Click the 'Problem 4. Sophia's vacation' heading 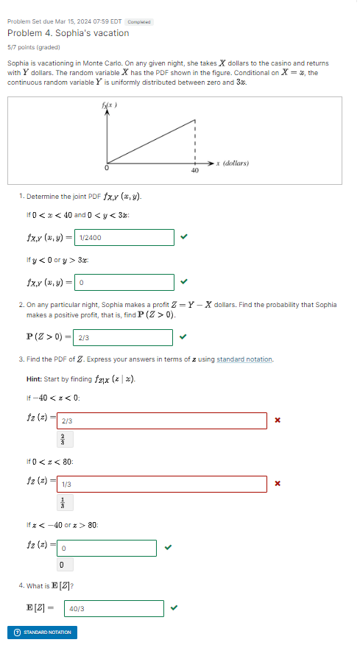tap(68, 33)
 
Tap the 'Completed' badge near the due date tap(139, 22)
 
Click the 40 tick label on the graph tap(194, 170)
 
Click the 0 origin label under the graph tap(107, 169)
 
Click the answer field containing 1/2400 tap(124, 238)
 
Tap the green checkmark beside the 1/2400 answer tap(184, 237)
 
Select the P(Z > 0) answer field tap(124, 337)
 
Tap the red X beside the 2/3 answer tap(278, 420)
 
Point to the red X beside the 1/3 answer tap(278, 484)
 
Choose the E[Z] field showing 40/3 tap(114, 609)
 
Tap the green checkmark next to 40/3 tap(174, 608)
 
